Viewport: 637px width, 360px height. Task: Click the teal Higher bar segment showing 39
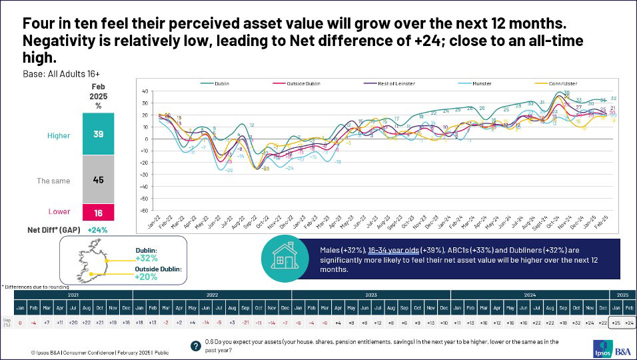pyautogui.click(x=98, y=134)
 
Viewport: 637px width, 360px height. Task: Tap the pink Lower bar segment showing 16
pyautogui.click(x=98, y=211)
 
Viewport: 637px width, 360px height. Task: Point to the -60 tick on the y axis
pyautogui.click(x=144, y=210)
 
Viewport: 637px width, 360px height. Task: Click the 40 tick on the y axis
pyautogui.click(x=144, y=91)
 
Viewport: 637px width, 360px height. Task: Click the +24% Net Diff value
pyautogui.click(x=98, y=229)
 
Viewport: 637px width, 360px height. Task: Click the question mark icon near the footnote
pyautogui.click(x=195, y=345)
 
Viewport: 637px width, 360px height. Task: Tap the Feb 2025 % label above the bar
pyautogui.click(x=98, y=96)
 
